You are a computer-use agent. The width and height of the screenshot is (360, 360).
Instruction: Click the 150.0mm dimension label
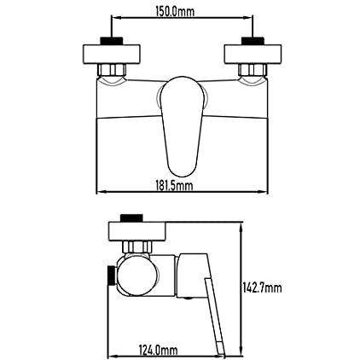click(175, 12)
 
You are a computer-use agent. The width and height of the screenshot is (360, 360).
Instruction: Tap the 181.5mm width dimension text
click(174, 186)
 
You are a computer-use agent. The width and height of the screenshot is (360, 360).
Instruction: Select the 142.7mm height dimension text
click(262, 288)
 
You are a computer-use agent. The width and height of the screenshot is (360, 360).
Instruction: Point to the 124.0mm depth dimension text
click(158, 350)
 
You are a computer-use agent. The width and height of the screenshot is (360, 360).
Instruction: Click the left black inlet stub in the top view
click(112, 41)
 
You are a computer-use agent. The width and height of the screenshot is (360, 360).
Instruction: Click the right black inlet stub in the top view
click(253, 41)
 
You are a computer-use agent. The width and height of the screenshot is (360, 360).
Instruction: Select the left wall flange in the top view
click(112, 54)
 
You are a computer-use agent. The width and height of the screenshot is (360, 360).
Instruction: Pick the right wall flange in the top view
click(253, 54)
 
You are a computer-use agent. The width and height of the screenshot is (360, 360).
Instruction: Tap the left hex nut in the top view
click(112, 70)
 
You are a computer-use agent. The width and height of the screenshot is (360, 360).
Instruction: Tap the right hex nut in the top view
click(253, 70)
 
